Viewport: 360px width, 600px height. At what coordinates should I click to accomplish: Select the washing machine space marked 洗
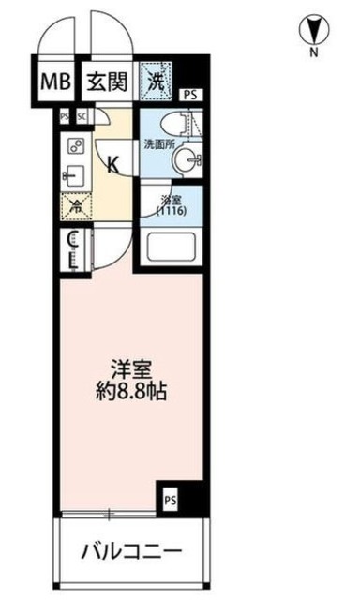[157, 81]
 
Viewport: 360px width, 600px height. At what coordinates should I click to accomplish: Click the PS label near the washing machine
[190, 94]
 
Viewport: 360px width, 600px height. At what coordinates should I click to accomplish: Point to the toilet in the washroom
[174, 121]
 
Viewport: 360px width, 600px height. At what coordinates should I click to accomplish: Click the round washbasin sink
[188, 159]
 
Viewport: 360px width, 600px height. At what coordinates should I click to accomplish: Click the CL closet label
[74, 247]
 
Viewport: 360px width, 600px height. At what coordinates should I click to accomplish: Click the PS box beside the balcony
[170, 501]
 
